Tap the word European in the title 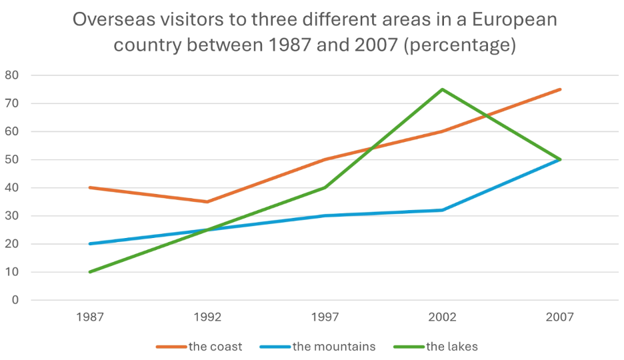[x=515, y=20]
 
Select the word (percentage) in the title [x=460, y=45]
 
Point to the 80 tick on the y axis [x=11, y=75]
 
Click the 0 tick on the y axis [x=15, y=300]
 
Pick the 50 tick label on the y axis [x=11, y=159]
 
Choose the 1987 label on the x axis [x=90, y=317]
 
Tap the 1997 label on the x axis [x=325, y=317]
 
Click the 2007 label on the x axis [x=560, y=317]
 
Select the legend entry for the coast [x=199, y=347]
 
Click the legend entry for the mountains [x=317, y=347]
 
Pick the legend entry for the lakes [x=435, y=347]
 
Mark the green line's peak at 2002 [x=442, y=89]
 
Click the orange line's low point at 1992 [x=207, y=202]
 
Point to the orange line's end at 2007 [x=560, y=89]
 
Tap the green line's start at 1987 [x=90, y=272]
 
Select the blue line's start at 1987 [x=90, y=244]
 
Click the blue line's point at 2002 [x=442, y=210]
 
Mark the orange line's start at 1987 [x=90, y=187]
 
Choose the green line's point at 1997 [x=325, y=187]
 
